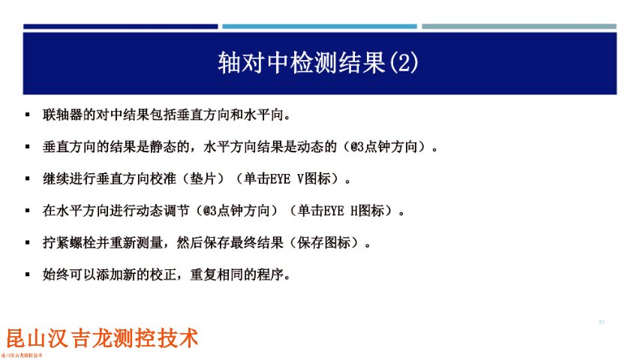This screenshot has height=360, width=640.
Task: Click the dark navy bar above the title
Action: [x=120, y=26]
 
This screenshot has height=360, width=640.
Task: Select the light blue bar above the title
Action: [x=320, y=26]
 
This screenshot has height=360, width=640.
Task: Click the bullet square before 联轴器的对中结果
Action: [x=27, y=115]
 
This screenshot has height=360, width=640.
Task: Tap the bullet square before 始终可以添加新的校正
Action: [x=27, y=274]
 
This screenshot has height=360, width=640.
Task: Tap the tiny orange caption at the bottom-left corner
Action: [x=22, y=355]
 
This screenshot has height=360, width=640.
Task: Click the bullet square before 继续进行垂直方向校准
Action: [x=27, y=179]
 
